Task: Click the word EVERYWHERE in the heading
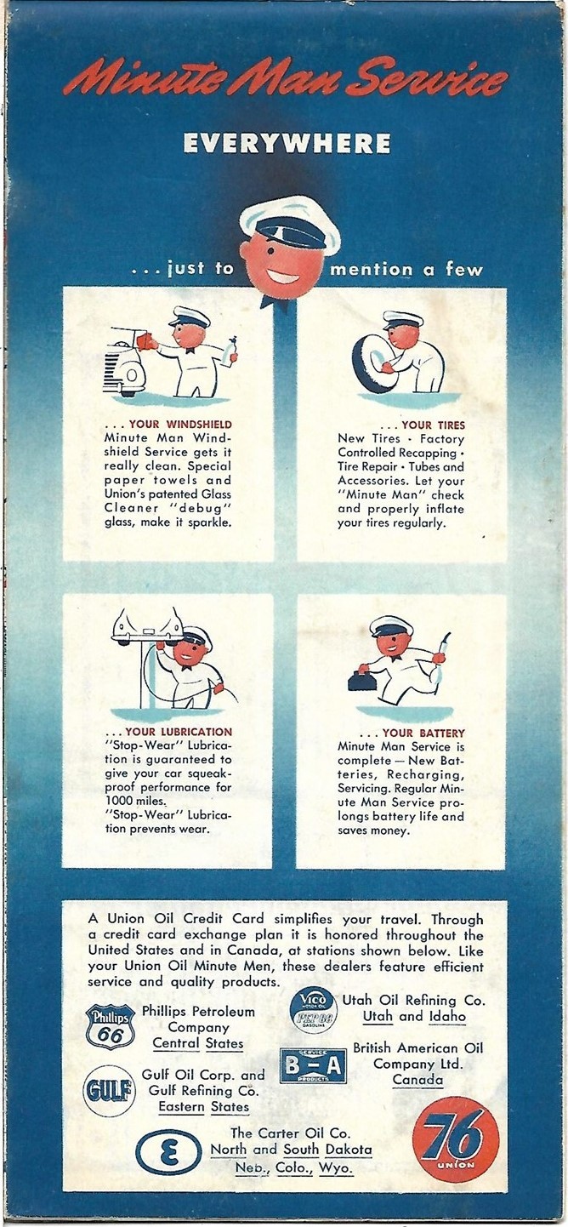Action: coord(287,144)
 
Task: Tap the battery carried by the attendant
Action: coord(363,680)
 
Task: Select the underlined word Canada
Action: coord(417,1080)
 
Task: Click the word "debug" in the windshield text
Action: coord(209,508)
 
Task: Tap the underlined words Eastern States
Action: coord(203,1106)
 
